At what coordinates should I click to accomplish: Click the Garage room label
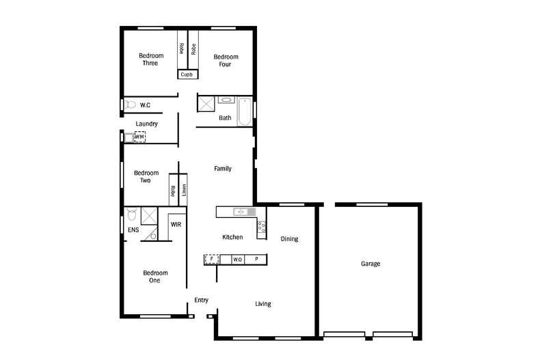[370, 263]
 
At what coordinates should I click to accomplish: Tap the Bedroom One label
[154, 276]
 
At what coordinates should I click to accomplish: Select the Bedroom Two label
[146, 176]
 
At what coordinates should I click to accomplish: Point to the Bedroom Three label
[149, 59]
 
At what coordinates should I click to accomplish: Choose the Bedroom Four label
[226, 60]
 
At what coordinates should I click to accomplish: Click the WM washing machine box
[139, 137]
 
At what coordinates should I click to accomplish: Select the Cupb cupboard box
[187, 74]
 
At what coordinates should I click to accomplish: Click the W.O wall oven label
[237, 260]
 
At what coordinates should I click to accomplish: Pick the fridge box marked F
[212, 260]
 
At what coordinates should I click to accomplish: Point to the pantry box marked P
[256, 260]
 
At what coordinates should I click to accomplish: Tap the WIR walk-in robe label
[176, 224]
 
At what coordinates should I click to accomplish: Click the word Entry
[201, 300]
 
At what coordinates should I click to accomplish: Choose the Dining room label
[290, 239]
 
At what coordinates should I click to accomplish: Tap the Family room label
[223, 168]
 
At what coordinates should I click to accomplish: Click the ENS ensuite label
[133, 231]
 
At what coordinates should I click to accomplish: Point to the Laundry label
[147, 124]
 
